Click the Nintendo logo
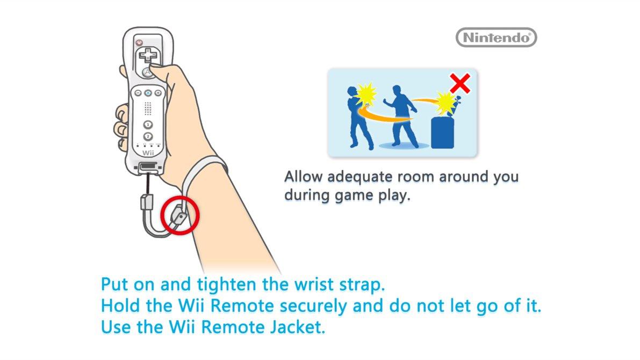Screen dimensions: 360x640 click(496, 38)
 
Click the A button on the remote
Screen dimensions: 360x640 click(146, 73)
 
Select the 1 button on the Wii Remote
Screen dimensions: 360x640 click(148, 125)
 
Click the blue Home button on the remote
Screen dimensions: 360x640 click(148, 93)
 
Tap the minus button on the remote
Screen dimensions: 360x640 click(138, 93)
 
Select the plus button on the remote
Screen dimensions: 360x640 click(158, 93)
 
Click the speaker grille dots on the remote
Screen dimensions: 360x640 click(148, 109)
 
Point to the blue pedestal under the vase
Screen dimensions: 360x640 click(444, 132)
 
